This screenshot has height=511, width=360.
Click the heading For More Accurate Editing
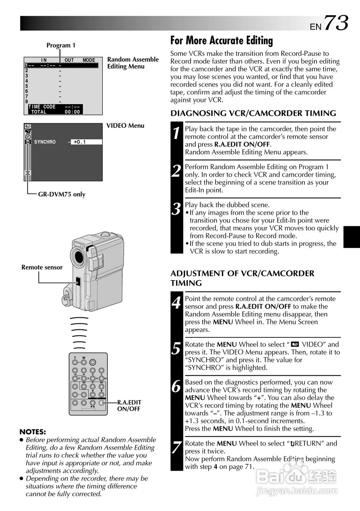click(221, 41)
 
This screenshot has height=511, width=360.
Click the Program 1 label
click(61, 46)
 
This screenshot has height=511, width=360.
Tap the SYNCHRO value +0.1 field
click(86, 142)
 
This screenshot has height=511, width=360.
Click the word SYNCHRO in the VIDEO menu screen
click(45, 142)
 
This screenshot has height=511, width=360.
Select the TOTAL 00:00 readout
click(56, 112)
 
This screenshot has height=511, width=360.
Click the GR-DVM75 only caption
click(62, 194)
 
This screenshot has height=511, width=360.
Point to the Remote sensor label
click(42, 267)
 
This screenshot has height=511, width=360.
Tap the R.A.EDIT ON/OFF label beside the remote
click(129, 406)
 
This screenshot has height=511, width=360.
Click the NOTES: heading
click(33, 432)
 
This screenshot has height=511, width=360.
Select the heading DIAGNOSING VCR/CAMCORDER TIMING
click(253, 113)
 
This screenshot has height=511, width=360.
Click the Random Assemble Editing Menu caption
click(133, 63)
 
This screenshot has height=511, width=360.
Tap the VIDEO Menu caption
click(125, 126)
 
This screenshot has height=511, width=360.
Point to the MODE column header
click(89, 60)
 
